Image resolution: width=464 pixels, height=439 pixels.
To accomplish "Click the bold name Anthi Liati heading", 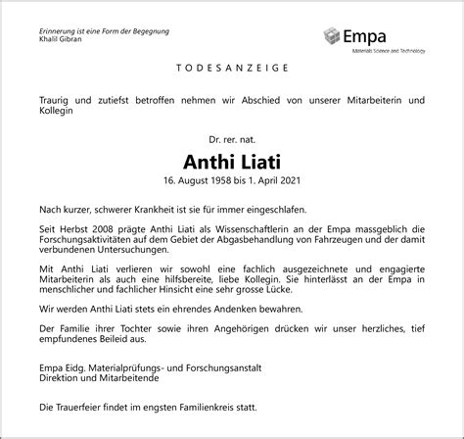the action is tap(232, 160).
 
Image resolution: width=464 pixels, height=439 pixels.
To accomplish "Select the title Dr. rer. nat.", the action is tap(232, 140).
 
